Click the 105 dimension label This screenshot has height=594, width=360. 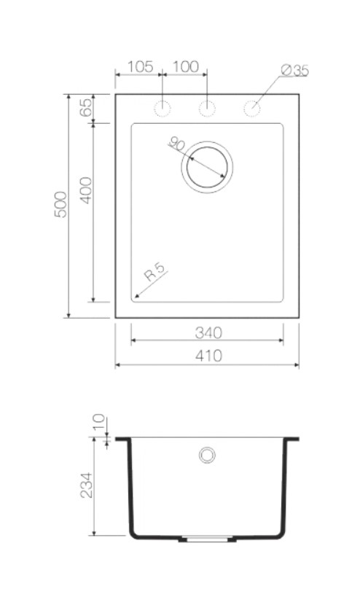140,66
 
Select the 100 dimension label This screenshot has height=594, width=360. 186,66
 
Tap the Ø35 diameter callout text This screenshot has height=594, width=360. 295,71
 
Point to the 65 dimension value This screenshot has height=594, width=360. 86,107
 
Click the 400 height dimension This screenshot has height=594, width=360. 86,190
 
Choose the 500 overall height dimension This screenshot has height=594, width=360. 60,205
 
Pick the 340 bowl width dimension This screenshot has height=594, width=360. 208,333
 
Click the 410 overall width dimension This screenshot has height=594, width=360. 208,356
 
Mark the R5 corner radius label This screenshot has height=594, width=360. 155,272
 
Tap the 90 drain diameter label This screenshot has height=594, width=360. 176,144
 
